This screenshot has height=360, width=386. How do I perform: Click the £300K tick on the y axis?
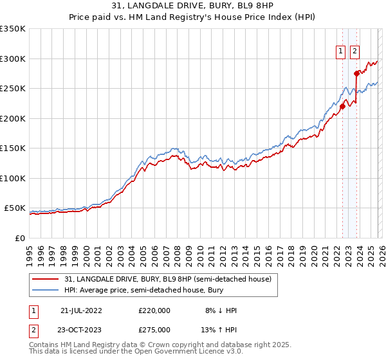pyautogui.click(x=13, y=59)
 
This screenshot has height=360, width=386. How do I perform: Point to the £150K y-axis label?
pyautogui.click(x=13, y=148)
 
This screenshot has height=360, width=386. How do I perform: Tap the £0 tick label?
pyautogui.click(x=19, y=239)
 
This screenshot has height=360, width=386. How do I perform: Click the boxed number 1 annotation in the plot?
pyautogui.click(x=340, y=53)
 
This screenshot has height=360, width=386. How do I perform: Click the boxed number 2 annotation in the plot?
pyautogui.click(x=354, y=53)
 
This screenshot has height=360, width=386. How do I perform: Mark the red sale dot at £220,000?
pyautogui.click(x=342, y=107)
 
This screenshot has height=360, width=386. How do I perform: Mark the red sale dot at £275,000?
pyautogui.click(x=356, y=73)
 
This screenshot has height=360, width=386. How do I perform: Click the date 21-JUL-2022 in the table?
pyautogui.click(x=81, y=310)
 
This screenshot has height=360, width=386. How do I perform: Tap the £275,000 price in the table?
pyautogui.click(x=154, y=330)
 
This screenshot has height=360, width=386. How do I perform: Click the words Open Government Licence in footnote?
pyautogui.click(x=187, y=352)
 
